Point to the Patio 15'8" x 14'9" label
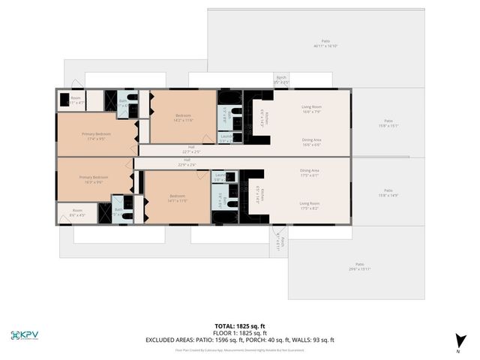(388, 193)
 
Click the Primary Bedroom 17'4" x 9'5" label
(98, 136)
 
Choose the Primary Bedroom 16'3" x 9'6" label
(95, 179)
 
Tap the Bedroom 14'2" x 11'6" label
(184, 118)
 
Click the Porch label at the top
(280, 79)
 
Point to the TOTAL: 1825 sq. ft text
(240, 326)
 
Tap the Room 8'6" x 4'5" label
(77, 212)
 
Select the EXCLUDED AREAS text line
(240, 340)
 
